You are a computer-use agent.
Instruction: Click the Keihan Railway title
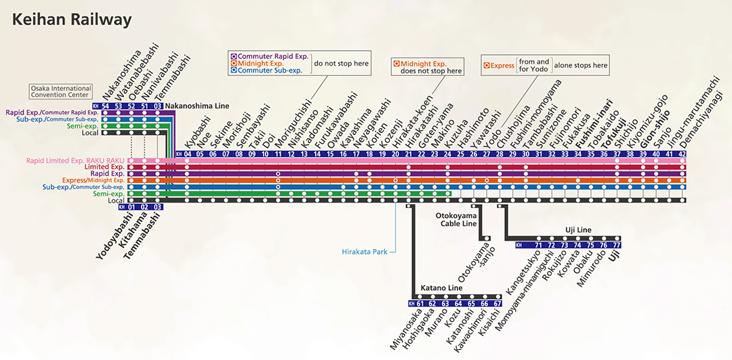point(72,20)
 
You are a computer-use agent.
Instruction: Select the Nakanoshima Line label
point(198,106)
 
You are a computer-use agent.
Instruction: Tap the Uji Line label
point(578,231)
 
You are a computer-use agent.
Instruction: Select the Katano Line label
point(441,288)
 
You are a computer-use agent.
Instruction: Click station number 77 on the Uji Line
point(617,245)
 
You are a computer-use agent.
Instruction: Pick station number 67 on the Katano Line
point(497,304)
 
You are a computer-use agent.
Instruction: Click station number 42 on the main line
point(682,154)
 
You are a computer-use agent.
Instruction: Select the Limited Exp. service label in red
point(105,167)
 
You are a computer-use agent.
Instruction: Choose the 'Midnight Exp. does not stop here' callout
point(428,67)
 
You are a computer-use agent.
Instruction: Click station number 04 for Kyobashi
point(187,154)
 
